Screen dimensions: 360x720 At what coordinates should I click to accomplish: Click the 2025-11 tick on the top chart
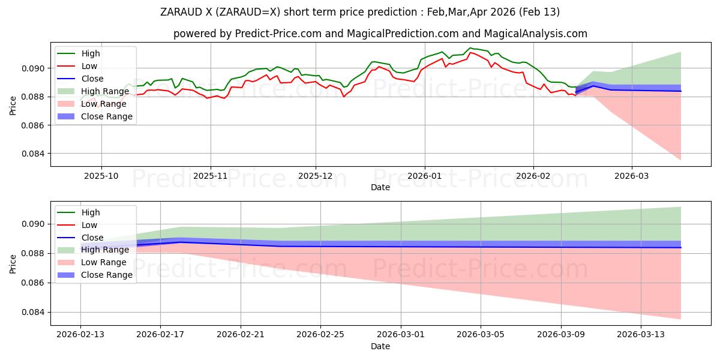[210, 176]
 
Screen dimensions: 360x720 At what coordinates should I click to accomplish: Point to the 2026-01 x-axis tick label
[425, 176]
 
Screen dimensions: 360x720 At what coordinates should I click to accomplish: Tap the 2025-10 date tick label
[101, 176]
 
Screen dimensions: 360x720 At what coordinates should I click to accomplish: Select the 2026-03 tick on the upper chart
[631, 176]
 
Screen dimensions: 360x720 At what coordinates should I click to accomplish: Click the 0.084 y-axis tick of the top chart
[34, 154]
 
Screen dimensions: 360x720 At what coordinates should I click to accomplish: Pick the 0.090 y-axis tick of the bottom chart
[34, 224]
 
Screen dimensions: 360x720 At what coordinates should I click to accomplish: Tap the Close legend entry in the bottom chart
[92, 238]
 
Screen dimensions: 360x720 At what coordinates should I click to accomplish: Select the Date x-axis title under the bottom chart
[380, 346]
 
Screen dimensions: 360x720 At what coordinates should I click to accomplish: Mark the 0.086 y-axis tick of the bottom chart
[34, 283]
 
